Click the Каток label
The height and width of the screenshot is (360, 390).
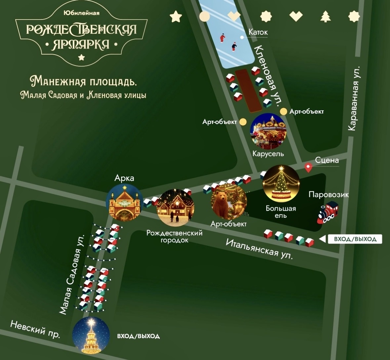coord(258,32)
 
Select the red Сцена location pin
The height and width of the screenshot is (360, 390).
coord(308,167)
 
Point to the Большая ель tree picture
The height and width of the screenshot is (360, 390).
coord(281,183)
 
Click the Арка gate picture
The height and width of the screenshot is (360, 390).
coord(124,202)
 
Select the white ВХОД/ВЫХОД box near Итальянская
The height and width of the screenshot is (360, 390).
coord(355,239)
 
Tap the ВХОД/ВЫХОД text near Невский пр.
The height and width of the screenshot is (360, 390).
coord(138,336)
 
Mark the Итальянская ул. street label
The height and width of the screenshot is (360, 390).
coord(259,249)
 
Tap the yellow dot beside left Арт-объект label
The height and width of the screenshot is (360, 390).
coord(243,122)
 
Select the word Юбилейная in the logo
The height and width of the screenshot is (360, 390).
coord(81,13)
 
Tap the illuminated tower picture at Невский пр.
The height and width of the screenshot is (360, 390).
coord(91,335)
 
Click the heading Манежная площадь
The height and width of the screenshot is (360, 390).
coord(83,81)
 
